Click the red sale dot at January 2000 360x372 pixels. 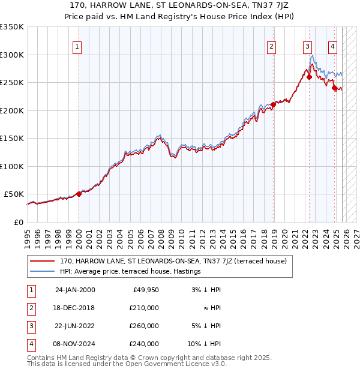pyautogui.click(x=79, y=194)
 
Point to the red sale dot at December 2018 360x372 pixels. pyautogui.click(x=273, y=104)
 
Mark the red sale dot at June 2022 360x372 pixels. pyautogui.click(x=309, y=77)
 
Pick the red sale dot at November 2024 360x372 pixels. pyautogui.click(x=334, y=88)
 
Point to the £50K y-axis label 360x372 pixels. pyautogui.click(x=14, y=194)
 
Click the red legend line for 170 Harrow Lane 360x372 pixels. pyautogui.click(x=42, y=261)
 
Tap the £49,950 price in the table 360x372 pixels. pyautogui.click(x=145, y=290)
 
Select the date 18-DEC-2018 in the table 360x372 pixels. pyautogui.click(x=75, y=308)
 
